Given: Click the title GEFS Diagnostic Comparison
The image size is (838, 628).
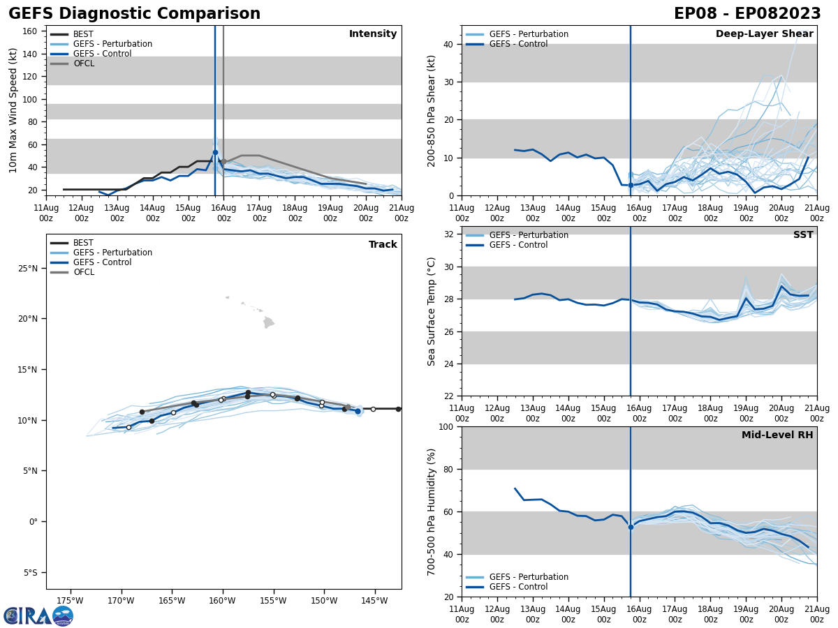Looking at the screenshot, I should tap(134, 14).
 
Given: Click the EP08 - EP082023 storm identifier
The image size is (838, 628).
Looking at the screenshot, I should tap(747, 14).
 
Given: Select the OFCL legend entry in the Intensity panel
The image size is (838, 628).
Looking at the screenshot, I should tap(83, 63).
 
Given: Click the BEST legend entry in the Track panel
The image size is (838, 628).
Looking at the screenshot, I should tap(83, 243).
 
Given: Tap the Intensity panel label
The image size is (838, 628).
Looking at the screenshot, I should tap(373, 34).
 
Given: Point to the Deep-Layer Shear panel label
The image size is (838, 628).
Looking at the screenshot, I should tap(764, 34).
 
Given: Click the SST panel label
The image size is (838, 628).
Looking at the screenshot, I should tap(803, 235).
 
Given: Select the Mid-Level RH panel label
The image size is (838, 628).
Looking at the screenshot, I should tap(777, 435).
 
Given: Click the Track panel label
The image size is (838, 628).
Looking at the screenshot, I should tap(383, 245).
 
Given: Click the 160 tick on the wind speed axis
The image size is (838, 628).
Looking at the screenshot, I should tap(31, 31).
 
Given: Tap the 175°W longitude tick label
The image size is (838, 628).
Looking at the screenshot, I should tap(70, 600).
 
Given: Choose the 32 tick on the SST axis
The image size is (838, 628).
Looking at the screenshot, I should tap(450, 234).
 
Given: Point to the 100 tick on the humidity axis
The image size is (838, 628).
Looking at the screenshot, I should tap(447, 426).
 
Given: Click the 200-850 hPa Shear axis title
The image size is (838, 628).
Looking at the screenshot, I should tap(432, 110).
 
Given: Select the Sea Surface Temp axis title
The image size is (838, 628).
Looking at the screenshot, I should tap(432, 311).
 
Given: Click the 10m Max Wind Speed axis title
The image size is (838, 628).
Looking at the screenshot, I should tap(13, 110).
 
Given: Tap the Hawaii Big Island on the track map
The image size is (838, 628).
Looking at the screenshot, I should tap(269, 322).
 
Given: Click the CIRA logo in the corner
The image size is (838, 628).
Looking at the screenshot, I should tap(38, 615).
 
